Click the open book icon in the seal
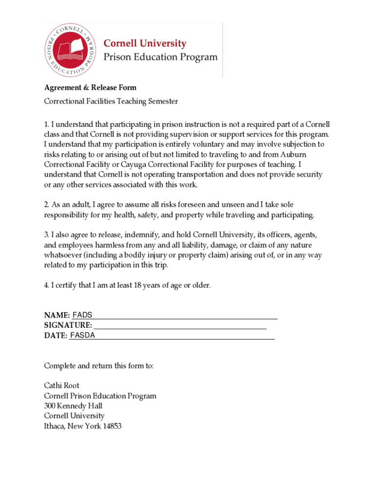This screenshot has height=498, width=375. tap(72, 49)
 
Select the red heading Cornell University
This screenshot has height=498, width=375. tap(145, 43)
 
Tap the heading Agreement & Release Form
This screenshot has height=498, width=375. tap(90, 88)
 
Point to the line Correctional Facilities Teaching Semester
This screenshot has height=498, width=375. tap(111, 101)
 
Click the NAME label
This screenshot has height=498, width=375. tap(57, 315)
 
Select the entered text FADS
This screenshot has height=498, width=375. tap(82, 315)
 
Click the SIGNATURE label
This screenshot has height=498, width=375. tap(68, 325)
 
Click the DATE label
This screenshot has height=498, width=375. tap(56, 335)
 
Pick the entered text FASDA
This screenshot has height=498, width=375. tap(82, 335)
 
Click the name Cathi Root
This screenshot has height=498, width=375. tap(61, 386)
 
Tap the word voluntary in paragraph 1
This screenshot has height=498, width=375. tap(210, 144)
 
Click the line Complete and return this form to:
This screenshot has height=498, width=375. tap(99, 366)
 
